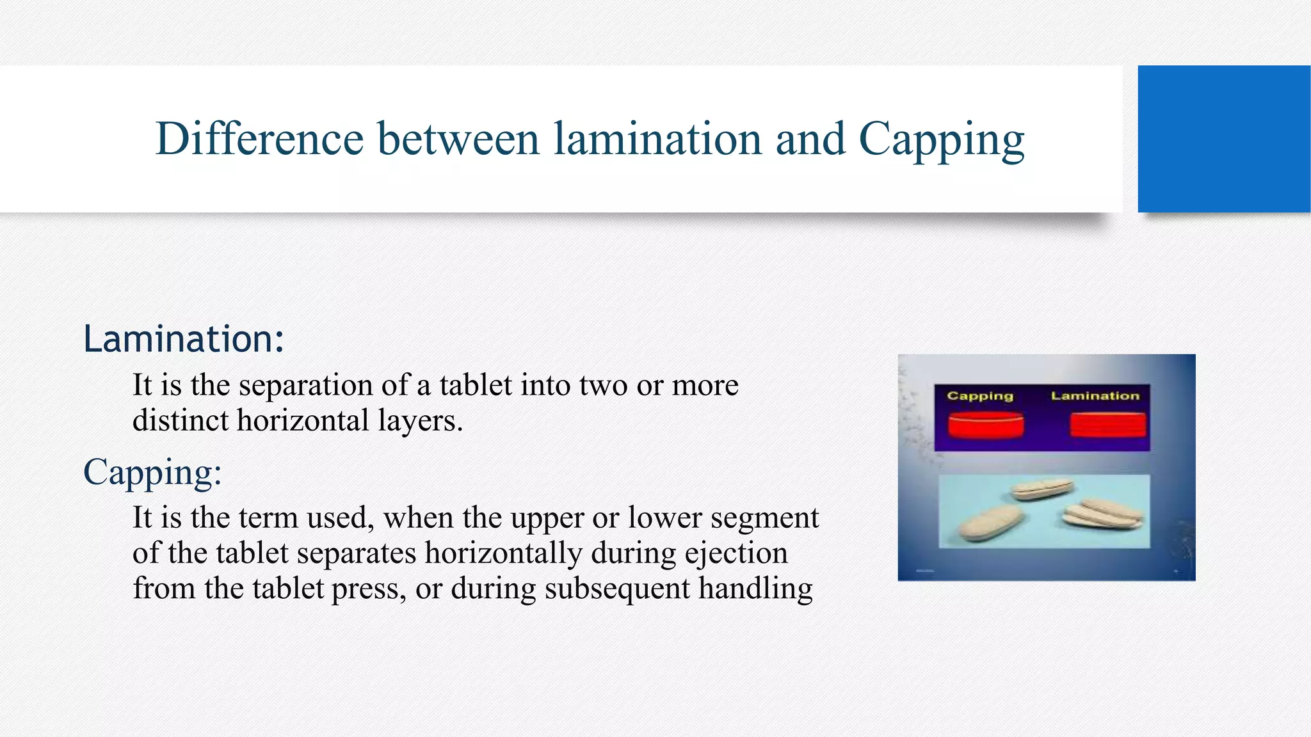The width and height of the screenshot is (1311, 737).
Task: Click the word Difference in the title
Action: click(259, 139)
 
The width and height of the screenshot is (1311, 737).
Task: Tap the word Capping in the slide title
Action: click(941, 140)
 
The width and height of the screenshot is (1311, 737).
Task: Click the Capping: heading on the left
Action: click(152, 472)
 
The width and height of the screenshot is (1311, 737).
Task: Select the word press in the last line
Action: click(368, 589)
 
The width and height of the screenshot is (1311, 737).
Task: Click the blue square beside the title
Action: click(1223, 139)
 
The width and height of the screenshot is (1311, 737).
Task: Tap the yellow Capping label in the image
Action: click(980, 396)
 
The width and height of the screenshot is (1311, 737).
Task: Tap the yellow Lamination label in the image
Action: click(1095, 396)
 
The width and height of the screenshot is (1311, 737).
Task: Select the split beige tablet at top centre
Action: click(1042, 489)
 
